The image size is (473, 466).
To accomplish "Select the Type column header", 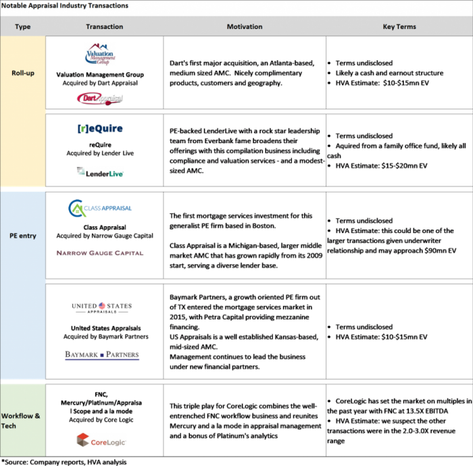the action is click(23, 27).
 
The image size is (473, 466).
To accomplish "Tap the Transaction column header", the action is click(105, 27).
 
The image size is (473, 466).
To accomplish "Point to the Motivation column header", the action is click(245, 27).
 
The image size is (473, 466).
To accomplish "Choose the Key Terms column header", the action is click(399, 27).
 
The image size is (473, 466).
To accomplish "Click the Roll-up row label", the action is click(23, 73).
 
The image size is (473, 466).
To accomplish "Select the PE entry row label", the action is click(23, 236).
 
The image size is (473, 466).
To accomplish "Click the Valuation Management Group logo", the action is click(100, 54).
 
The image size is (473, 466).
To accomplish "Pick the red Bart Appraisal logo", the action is click(100, 99).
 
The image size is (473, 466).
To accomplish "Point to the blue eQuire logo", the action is click(100, 128).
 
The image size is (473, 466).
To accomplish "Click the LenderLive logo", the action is click(100, 172).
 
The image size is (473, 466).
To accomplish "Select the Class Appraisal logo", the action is click(100, 207).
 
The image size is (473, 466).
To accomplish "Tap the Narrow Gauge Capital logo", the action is click(100, 253).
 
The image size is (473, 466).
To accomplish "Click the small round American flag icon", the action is click(102, 306).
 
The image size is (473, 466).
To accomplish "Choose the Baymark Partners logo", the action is click(101, 355).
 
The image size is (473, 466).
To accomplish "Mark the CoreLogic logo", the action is click(101, 440).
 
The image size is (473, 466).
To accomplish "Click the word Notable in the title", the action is click(14, 6).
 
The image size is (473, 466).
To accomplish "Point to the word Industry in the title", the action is click(72, 6).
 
